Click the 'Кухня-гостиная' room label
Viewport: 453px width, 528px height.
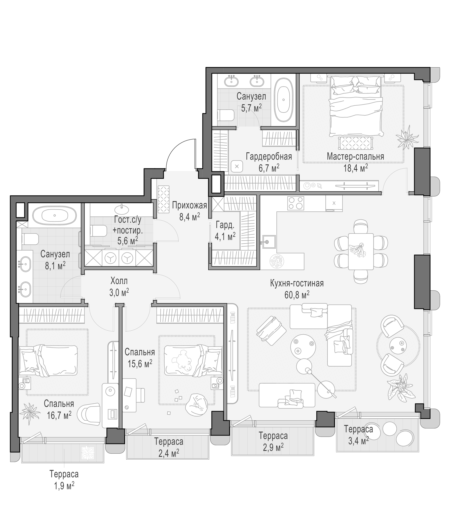pyautogui.click(x=297, y=283)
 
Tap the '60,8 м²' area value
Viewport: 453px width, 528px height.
pyautogui.click(x=297, y=295)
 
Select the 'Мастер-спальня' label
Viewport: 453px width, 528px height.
pyautogui.click(x=355, y=156)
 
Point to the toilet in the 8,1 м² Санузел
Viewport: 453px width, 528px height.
pyautogui.click(x=30, y=239)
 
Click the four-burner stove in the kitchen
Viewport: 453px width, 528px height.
pyautogui.click(x=296, y=203)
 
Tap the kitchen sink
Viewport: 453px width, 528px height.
pyautogui.click(x=268, y=242)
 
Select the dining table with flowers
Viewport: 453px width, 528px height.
pyautogui.click(x=361, y=251)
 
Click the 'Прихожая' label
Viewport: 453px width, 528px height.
pyautogui.click(x=189, y=205)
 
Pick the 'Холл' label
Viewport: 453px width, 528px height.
pyautogui.click(x=119, y=281)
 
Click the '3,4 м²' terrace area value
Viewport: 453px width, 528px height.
pyautogui.click(x=358, y=440)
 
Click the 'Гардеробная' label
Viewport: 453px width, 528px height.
pyautogui.click(x=269, y=156)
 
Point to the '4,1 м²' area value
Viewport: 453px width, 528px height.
pyautogui.click(x=225, y=236)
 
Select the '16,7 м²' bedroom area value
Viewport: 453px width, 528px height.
pyautogui.click(x=59, y=415)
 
